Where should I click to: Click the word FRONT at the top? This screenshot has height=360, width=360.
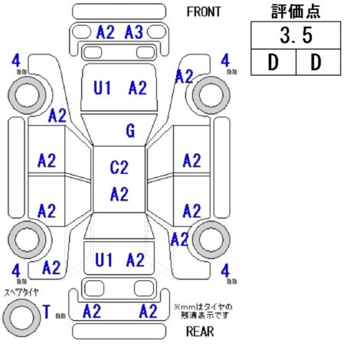tap(204, 11)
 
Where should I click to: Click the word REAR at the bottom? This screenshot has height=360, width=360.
tap(200, 332)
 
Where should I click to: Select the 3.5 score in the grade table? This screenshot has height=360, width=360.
tap(296, 35)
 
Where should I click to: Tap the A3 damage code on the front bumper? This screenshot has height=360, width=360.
tap(134, 32)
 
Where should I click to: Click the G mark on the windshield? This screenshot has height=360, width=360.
tap(130, 131)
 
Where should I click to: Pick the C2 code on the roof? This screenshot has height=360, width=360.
tap(119, 168)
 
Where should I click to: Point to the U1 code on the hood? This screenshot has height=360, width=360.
tap(103, 87)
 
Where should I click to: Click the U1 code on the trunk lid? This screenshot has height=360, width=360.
tap(103, 260)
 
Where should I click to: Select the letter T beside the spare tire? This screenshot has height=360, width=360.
tap(46, 312)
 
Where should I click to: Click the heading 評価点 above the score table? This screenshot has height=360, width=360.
tap(296, 11)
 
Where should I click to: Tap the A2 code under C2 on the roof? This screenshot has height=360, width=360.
tap(119, 194)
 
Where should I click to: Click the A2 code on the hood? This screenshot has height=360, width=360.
tap(138, 87)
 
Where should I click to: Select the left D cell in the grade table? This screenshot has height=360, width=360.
tap(273, 62)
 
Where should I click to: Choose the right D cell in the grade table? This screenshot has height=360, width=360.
tap(318, 62)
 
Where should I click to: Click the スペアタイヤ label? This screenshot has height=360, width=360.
tap(21, 293)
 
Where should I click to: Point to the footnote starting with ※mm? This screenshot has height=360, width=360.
tap(204, 311)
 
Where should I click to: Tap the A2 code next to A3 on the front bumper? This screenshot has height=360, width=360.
tap(106, 32)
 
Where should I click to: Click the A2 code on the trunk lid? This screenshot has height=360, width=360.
tap(136, 260)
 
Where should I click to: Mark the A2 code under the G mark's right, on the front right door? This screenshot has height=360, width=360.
tap(191, 161)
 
